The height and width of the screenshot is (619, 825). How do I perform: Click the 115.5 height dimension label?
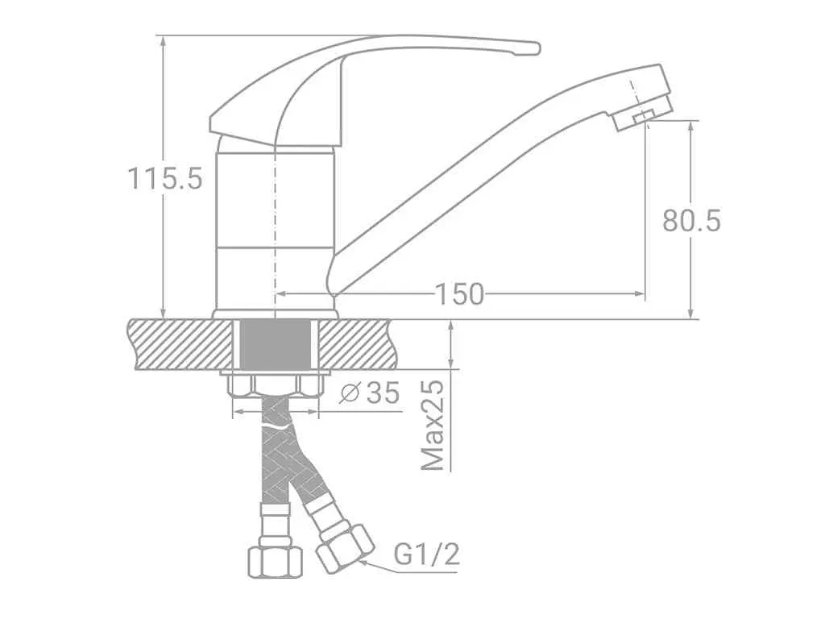pos(164,178)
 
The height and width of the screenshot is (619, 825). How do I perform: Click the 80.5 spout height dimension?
pos(691,221)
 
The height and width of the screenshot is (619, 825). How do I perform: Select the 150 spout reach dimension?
pos(459,294)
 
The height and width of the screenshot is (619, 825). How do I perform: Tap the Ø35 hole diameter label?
pos(370,393)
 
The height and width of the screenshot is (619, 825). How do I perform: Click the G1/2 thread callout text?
pos(427,555)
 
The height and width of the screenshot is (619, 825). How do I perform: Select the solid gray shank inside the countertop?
pos(275,343)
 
